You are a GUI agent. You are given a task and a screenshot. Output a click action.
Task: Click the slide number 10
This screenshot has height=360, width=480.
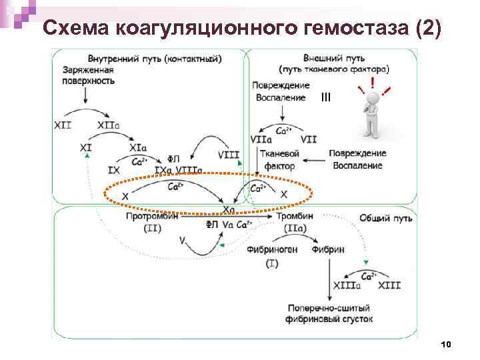[447, 344]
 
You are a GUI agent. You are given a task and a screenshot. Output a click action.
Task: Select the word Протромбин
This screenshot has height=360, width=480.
[151, 217]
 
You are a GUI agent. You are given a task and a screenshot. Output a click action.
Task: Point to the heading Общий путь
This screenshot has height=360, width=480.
[385, 217]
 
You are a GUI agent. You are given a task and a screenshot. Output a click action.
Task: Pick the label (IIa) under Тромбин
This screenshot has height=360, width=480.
[295, 228]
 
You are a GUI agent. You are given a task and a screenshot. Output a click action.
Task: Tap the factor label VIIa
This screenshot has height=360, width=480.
[261, 139]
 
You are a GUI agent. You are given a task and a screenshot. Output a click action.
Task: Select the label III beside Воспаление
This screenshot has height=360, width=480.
[325, 97]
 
